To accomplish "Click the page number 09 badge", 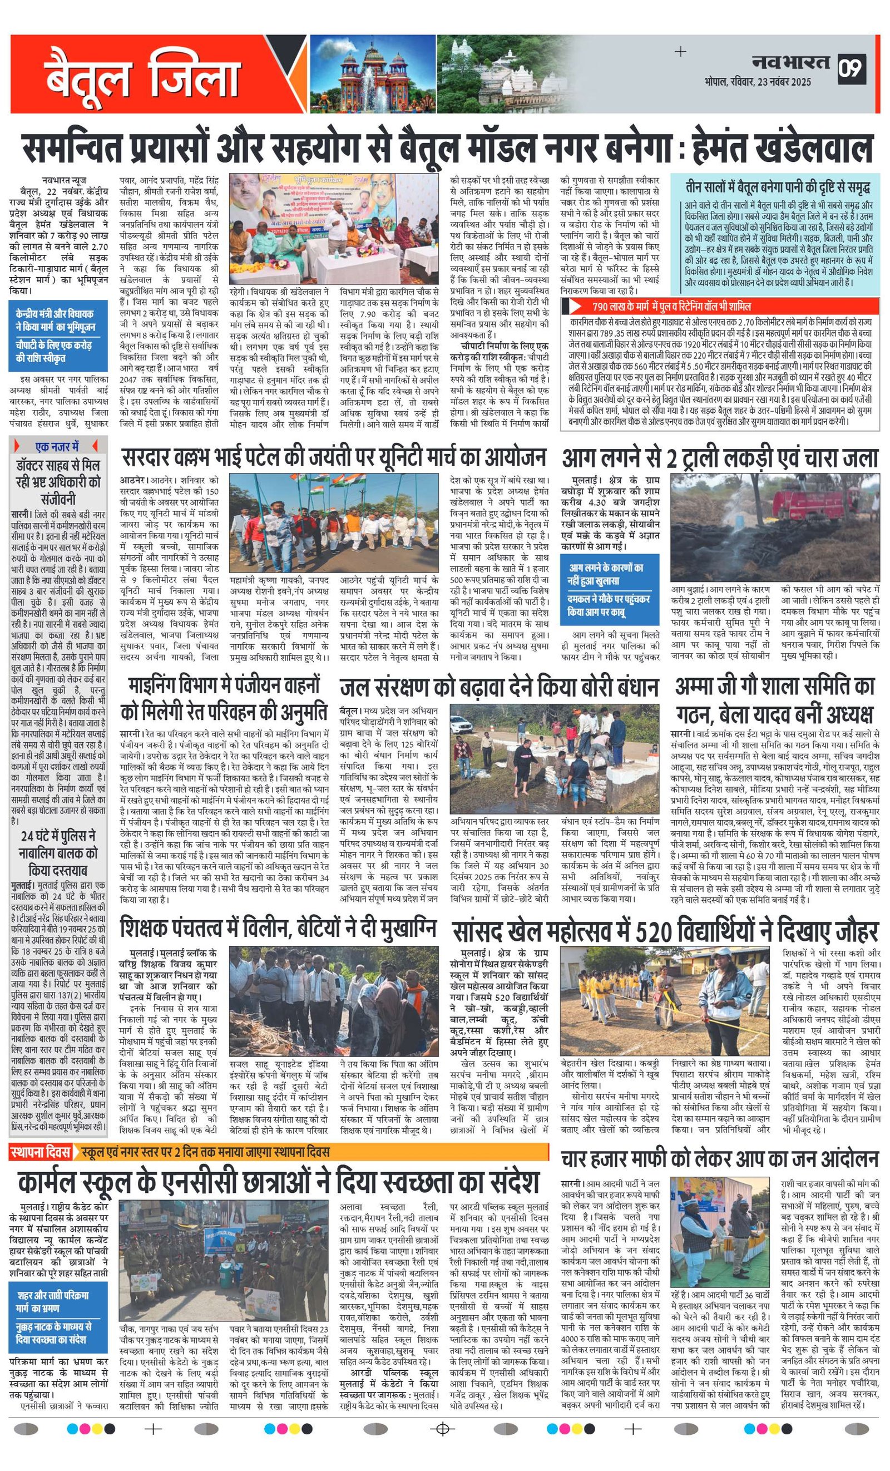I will pyautogui.click(x=851, y=68).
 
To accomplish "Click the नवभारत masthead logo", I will pyautogui.click(x=790, y=62).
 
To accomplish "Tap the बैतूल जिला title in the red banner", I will pyautogui.click(x=142, y=76).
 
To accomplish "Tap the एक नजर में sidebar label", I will pyautogui.click(x=57, y=446).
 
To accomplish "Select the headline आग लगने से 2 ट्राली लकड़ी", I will pyautogui.click(x=719, y=458).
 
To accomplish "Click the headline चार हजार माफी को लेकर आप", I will pyautogui.click(x=719, y=1160).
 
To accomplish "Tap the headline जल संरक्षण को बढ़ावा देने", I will pyautogui.click(x=498, y=688).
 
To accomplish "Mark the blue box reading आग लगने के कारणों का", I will pyautogui.click(x=610, y=574).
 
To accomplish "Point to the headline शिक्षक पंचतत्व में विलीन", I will pyautogui.click(x=278, y=929).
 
